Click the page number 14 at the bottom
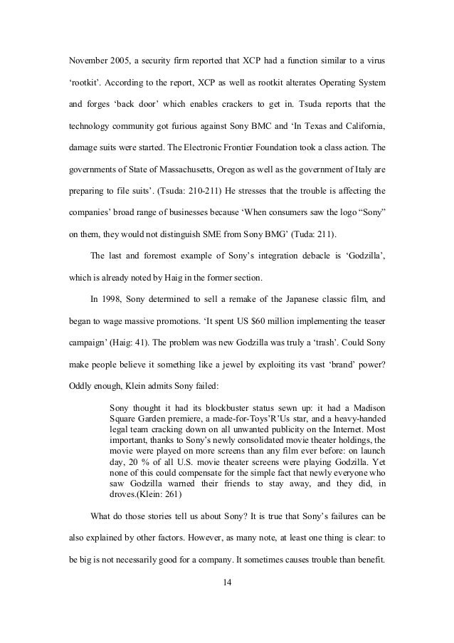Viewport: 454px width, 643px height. (x=227, y=604)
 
